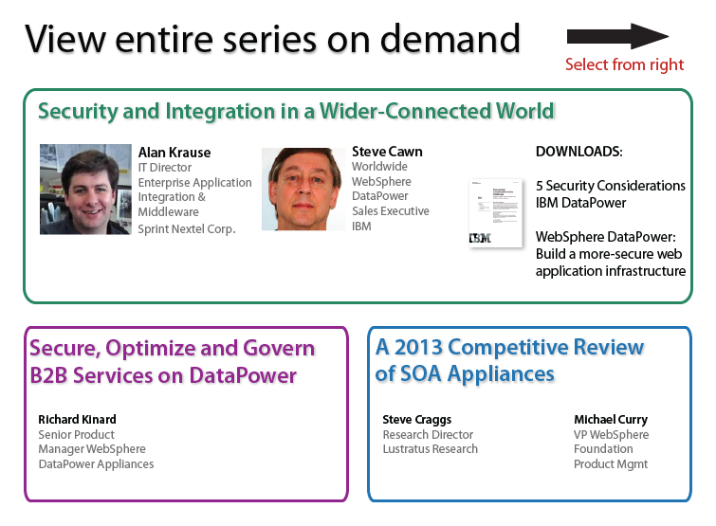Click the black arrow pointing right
click(617, 36)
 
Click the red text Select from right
click(624, 64)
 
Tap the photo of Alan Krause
click(85, 190)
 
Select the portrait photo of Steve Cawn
click(303, 189)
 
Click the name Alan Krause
click(174, 153)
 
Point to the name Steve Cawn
click(387, 152)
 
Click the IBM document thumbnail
click(496, 213)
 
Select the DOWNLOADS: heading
click(579, 152)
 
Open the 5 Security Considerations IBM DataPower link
click(611, 194)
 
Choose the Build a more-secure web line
click(609, 254)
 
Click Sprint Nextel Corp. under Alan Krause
click(187, 229)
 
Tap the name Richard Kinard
click(77, 419)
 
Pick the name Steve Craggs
click(417, 419)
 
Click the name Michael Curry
click(611, 419)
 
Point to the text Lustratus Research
click(431, 449)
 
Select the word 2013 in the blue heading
click(418, 347)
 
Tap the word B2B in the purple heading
click(49, 375)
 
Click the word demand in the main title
click(450, 39)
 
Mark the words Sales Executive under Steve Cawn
click(391, 211)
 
